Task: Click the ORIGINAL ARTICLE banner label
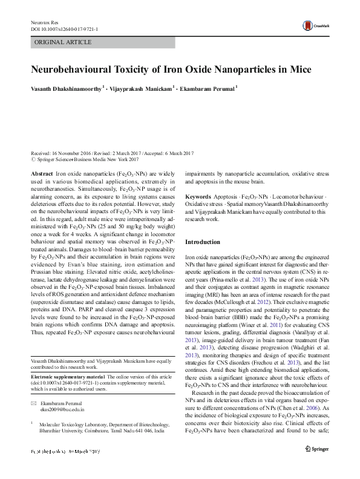tap(63, 42)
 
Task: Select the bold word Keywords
tap(198, 197)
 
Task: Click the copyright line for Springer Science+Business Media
tap(85, 160)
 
